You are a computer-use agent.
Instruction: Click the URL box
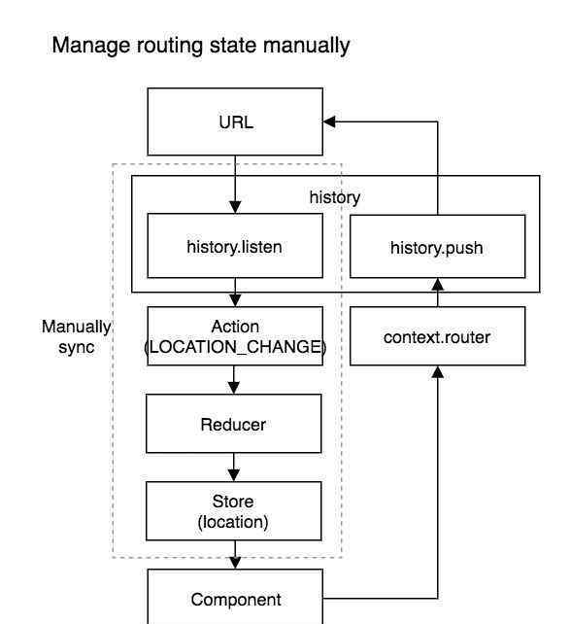[x=235, y=121]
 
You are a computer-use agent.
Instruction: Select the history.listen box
[x=235, y=246]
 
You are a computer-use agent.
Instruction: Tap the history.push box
[x=437, y=246]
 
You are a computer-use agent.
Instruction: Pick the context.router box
[x=437, y=336]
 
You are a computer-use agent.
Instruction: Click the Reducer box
[x=234, y=424]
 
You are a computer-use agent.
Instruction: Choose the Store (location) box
[x=234, y=511]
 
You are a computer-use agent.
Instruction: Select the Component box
[x=235, y=597]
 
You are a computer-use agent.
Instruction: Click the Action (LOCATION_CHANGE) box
[x=235, y=336]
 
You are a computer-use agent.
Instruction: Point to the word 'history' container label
[x=335, y=197]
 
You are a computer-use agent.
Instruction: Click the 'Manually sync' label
[x=77, y=336]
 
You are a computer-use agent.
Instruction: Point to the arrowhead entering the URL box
[x=329, y=121]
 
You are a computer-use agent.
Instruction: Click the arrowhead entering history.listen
[x=235, y=207]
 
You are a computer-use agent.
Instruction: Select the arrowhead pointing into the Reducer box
[x=234, y=388]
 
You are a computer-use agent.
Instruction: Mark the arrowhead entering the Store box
[x=234, y=475]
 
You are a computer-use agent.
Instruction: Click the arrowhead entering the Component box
[x=235, y=563]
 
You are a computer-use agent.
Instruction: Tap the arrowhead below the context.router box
[x=438, y=372]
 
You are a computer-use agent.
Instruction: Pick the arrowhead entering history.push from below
[x=438, y=285]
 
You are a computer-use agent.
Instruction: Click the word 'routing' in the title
[x=170, y=46]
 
